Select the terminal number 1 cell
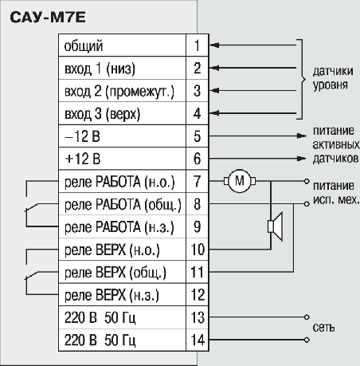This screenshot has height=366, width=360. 195,46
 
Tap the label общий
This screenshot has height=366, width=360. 84,46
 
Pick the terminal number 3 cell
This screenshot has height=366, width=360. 195,92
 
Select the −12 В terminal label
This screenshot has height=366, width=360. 82,137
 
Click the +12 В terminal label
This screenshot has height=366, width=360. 82,159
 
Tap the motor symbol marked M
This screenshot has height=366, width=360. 239,182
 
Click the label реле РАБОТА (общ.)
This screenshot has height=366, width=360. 122,205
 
